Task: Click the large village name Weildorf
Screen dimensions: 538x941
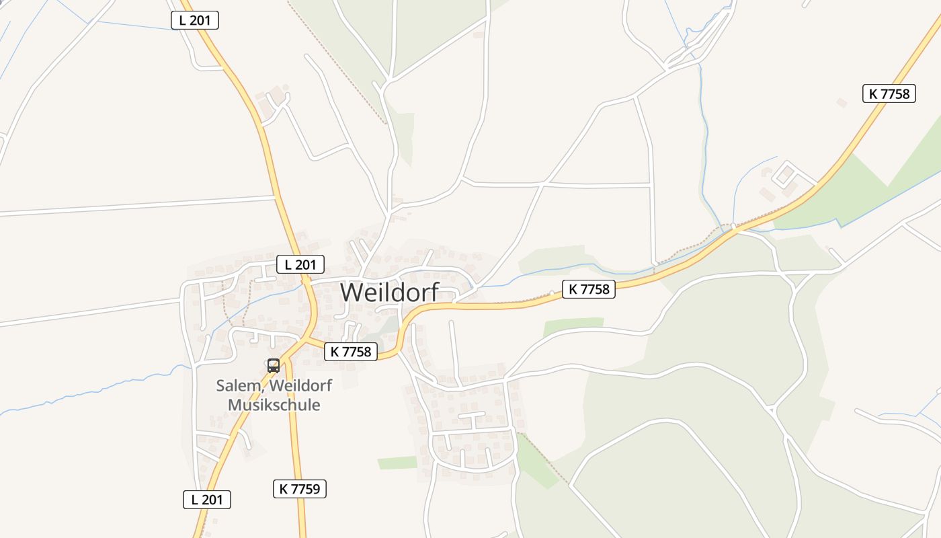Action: pyautogui.click(x=389, y=293)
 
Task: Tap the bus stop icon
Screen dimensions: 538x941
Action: pyautogui.click(x=274, y=366)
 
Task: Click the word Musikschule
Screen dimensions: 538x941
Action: pyautogui.click(x=274, y=405)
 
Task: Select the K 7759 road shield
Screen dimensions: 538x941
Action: pyautogui.click(x=299, y=489)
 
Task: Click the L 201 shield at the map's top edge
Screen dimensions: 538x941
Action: pyautogui.click(x=195, y=20)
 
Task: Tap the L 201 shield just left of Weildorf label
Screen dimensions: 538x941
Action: pyautogui.click(x=300, y=264)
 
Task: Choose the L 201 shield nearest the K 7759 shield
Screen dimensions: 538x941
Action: pyautogui.click(x=207, y=500)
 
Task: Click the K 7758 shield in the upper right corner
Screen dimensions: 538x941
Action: pyautogui.click(x=889, y=93)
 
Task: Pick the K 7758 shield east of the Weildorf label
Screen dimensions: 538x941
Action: pyautogui.click(x=588, y=289)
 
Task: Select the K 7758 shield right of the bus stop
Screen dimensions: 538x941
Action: pyautogui.click(x=351, y=351)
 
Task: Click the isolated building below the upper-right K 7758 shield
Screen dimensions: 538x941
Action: pyautogui.click(x=842, y=103)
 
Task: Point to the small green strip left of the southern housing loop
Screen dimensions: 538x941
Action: pyautogui.click(x=397, y=463)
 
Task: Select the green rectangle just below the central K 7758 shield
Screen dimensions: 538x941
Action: pyautogui.click(x=573, y=325)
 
